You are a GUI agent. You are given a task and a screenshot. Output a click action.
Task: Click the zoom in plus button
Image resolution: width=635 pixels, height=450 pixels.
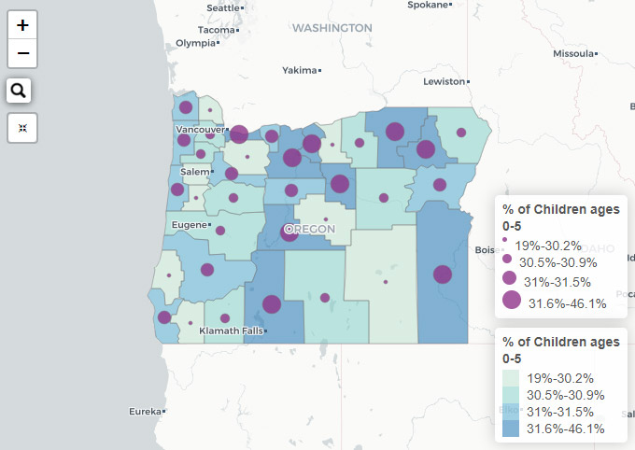coord(22,24)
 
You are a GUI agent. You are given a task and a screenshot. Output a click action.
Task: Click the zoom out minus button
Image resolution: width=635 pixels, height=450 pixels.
coord(22,53)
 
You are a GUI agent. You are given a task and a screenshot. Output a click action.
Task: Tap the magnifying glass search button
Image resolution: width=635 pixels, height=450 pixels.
coord(20,91)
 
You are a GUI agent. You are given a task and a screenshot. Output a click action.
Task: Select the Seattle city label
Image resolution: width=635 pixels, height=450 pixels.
coord(223,7)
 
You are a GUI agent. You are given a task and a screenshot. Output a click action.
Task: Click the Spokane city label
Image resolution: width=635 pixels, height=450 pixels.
coord(429,5)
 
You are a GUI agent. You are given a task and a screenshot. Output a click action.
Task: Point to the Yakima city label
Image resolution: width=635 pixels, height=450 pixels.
coord(300,70)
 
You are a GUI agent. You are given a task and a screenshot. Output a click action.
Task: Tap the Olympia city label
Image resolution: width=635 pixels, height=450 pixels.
coord(195,42)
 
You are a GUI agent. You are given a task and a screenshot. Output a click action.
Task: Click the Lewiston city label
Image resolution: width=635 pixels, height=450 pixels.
coord(444,81)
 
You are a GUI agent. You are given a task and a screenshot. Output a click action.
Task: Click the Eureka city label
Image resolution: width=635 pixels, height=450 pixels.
coord(146,411)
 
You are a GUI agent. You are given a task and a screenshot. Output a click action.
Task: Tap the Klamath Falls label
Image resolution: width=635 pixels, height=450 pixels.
coord(233,331)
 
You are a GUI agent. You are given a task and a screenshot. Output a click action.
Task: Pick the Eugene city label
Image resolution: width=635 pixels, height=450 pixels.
coord(188,225)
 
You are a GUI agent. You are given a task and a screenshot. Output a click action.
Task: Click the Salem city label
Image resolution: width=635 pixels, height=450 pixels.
coord(195,172)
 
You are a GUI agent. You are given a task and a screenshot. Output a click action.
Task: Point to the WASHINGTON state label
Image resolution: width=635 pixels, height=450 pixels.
coord(332,28)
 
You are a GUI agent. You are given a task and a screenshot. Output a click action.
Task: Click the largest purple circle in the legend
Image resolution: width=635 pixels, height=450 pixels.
coord(511,301)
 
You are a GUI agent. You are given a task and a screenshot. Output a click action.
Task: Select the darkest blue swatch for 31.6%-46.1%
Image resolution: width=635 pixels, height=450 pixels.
coord(510,429)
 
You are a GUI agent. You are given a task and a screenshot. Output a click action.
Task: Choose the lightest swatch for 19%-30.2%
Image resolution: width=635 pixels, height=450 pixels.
coord(510,378)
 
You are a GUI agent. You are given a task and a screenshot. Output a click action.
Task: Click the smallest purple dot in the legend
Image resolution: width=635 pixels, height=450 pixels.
coord(505,240)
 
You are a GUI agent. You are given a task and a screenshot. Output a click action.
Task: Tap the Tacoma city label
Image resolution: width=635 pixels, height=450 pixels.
coord(216,29)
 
